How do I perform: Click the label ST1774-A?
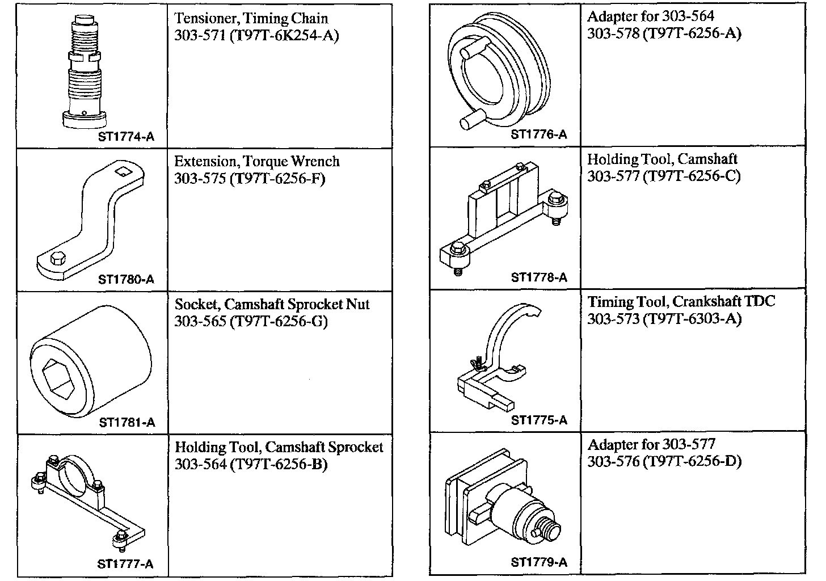tap(126, 137)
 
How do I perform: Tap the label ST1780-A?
tap(126, 279)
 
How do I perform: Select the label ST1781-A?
tap(127, 422)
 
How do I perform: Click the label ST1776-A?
tap(539, 134)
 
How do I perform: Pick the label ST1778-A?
tap(539, 277)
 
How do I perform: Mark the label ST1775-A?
tap(539, 420)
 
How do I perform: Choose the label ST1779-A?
tap(539, 563)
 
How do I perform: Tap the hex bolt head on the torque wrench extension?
tap(57, 259)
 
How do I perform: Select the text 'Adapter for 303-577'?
tap(651, 444)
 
